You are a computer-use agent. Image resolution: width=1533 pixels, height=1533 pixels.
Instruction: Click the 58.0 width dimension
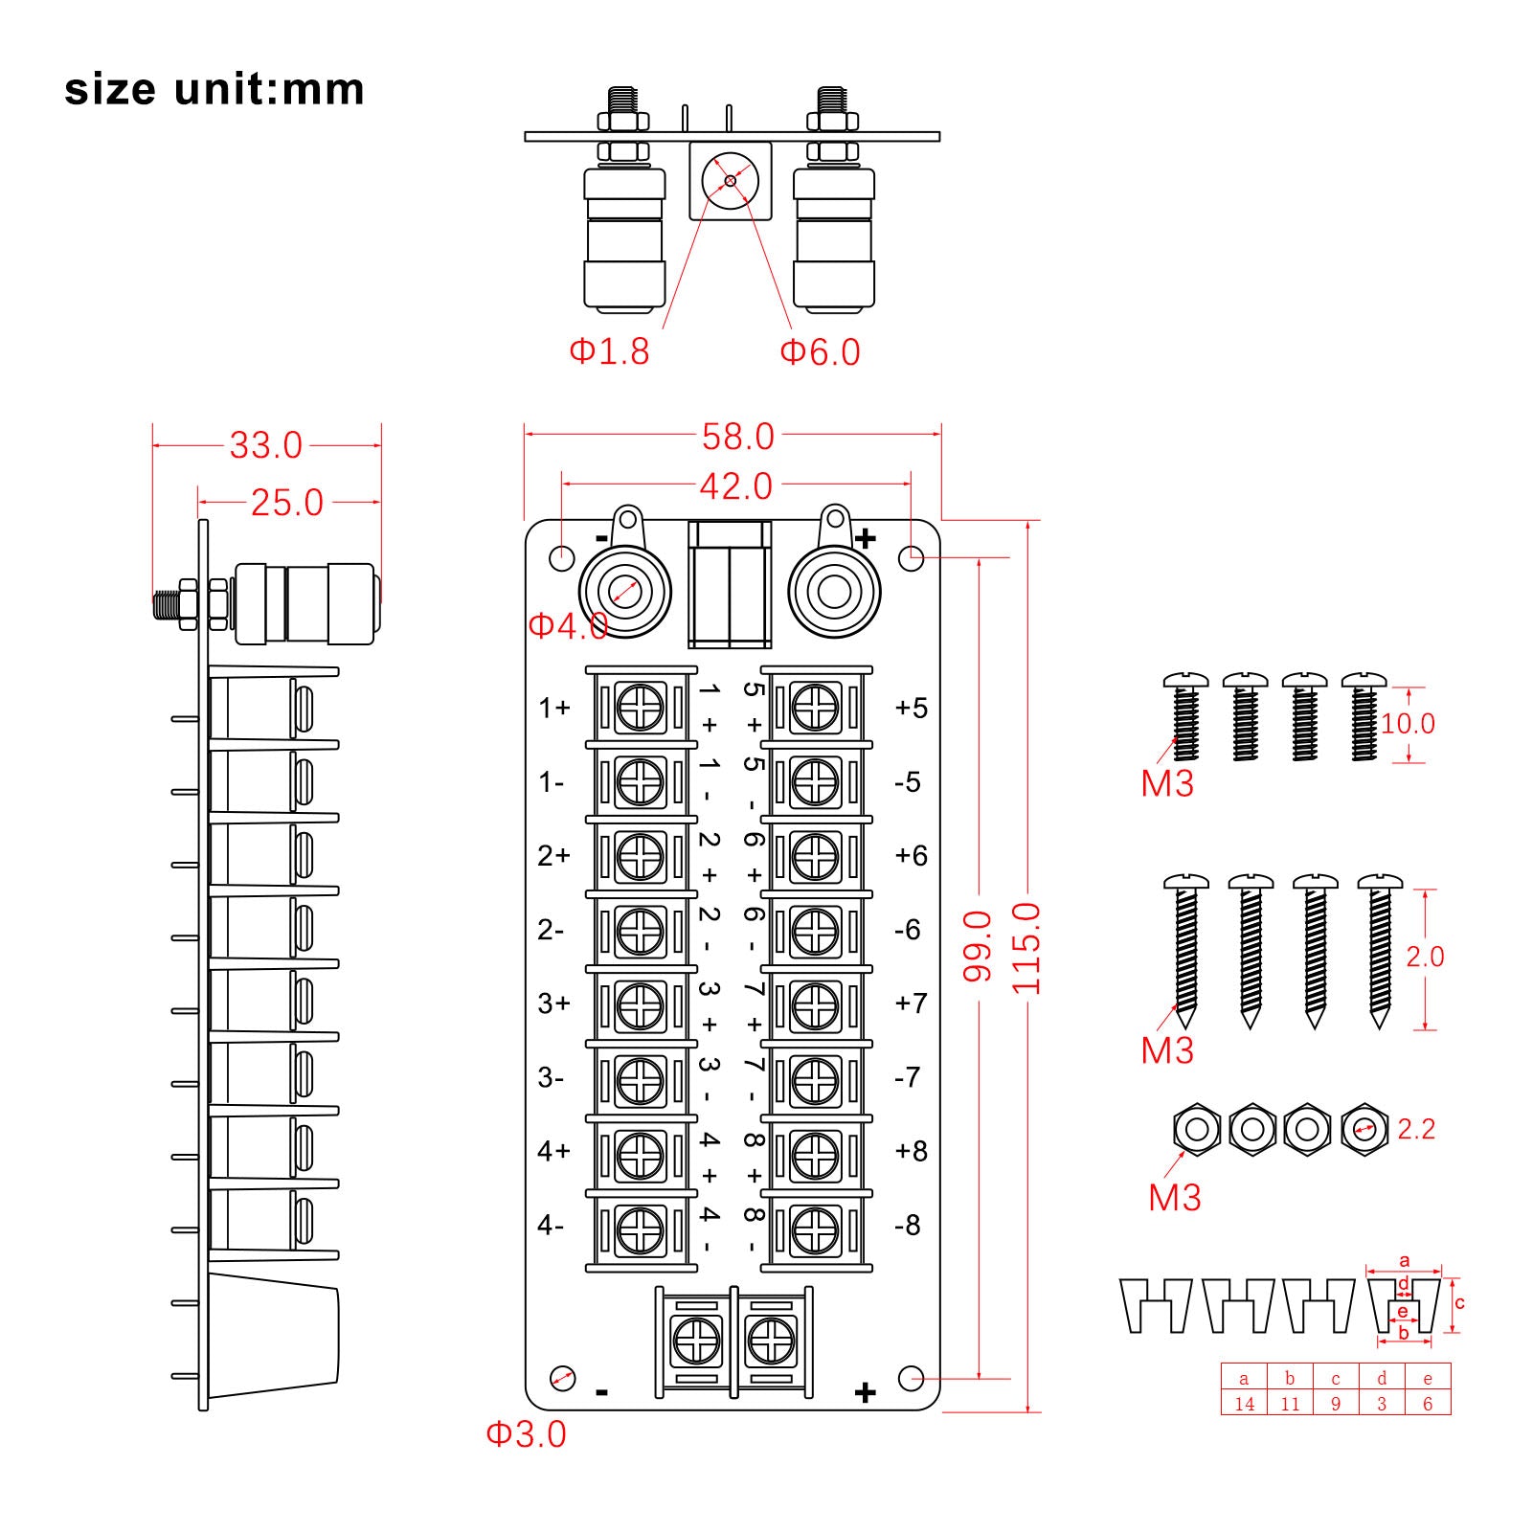tap(737, 437)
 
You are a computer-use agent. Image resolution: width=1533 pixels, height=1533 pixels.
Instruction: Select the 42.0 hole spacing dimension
tap(735, 486)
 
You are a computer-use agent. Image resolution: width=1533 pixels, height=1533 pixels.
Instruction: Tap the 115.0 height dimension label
tap(1026, 948)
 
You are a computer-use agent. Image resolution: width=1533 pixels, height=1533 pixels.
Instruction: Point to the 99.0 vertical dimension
tap(977, 946)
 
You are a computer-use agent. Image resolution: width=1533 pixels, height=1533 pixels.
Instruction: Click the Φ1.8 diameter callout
tap(609, 351)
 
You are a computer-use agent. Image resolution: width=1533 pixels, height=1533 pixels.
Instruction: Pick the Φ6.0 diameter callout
tap(820, 352)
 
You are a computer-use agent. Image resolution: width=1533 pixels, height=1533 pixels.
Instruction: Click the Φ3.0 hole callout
tap(526, 1433)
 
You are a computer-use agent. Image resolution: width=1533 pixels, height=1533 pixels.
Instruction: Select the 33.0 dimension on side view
tap(265, 445)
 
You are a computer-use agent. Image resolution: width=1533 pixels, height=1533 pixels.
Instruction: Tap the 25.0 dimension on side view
tap(286, 503)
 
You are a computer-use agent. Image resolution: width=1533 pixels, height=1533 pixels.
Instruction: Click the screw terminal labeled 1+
tap(641, 709)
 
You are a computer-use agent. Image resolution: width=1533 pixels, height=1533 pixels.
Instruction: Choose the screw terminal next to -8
tap(816, 1229)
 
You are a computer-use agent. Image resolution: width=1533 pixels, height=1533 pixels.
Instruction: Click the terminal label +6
tap(911, 855)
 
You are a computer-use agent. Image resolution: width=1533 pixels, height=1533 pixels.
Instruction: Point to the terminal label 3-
tap(551, 1078)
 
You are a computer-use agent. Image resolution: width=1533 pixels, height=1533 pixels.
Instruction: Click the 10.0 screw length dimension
tap(1408, 724)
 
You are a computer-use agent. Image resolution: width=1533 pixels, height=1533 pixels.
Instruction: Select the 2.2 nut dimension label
tap(1415, 1129)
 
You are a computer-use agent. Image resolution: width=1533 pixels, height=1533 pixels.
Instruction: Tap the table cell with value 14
tap(1244, 1404)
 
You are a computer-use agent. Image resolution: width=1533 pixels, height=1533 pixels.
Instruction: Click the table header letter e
tap(1428, 1379)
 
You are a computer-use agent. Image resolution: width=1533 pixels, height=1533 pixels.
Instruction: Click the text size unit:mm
tap(214, 89)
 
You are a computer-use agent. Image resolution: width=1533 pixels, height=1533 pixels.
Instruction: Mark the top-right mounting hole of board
tap(912, 556)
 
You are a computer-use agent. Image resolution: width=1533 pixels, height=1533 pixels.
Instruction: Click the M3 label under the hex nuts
tap(1174, 1198)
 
